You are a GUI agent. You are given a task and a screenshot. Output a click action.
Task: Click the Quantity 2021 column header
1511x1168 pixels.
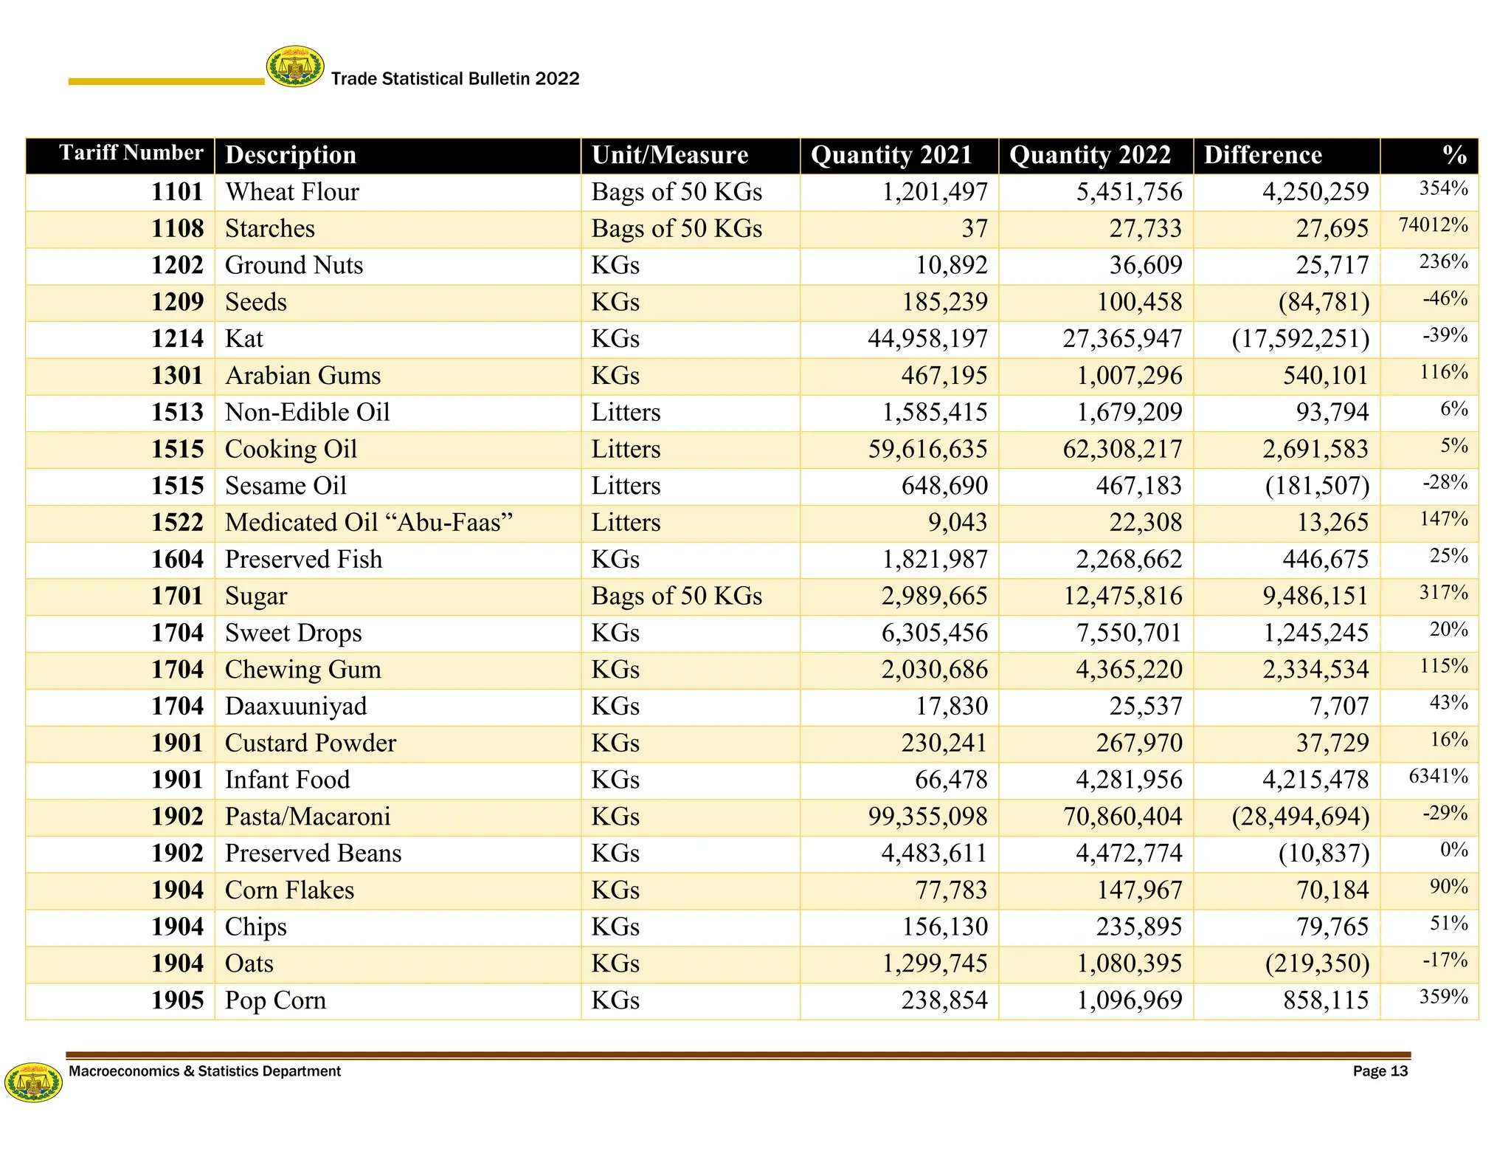pyautogui.click(x=891, y=155)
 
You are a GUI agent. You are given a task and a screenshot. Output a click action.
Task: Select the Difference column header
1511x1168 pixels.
pyautogui.click(x=1262, y=155)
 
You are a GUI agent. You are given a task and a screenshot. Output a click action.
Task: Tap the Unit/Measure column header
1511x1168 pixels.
pyautogui.click(x=669, y=155)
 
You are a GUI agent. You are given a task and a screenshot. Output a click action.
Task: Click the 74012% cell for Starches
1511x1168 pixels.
pyautogui.click(x=1433, y=225)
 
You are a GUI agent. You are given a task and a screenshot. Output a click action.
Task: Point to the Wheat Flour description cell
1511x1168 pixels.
pyautogui.click(x=292, y=192)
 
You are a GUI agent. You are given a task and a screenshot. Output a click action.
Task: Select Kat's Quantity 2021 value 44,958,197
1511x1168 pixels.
pyautogui.click(x=927, y=339)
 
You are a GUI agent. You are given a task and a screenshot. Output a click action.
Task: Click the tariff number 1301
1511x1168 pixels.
pyautogui.click(x=177, y=376)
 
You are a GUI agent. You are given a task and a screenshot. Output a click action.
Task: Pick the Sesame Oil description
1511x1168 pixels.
pyautogui.click(x=286, y=486)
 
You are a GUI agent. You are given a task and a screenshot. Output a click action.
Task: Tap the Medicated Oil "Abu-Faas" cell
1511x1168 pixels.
pyautogui.click(x=368, y=523)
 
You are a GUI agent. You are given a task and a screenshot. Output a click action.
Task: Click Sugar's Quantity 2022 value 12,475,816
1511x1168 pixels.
pyautogui.click(x=1122, y=596)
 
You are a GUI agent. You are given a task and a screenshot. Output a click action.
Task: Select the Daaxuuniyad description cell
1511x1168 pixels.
pyautogui.click(x=296, y=707)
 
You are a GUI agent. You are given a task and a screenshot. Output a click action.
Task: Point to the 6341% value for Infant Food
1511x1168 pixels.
pyautogui.click(x=1438, y=777)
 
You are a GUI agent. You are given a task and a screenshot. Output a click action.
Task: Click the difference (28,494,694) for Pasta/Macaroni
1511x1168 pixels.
pyautogui.click(x=1300, y=817)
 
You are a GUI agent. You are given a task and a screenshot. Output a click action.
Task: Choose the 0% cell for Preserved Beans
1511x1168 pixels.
pyautogui.click(x=1453, y=850)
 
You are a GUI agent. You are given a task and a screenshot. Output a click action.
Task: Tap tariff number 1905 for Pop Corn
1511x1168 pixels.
pyautogui.click(x=177, y=1000)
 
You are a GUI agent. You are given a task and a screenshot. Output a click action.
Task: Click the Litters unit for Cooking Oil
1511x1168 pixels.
pyautogui.click(x=626, y=450)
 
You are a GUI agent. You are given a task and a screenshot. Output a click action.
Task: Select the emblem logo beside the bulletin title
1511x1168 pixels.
pyautogui.click(x=295, y=67)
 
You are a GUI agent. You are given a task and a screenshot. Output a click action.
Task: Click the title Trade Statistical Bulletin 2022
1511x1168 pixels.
pyautogui.click(x=455, y=79)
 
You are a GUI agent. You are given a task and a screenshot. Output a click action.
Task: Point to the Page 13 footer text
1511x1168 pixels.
pyautogui.click(x=1380, y=1071)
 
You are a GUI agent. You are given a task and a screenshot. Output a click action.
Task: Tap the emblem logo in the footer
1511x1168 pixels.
pyautogui.click(x=33, y=1082)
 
